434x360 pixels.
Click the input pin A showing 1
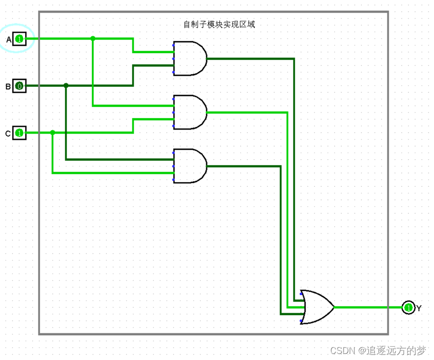(19, 39)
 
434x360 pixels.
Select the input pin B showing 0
(19, 86)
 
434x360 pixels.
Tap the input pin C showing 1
(19, 133)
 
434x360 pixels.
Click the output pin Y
(408, 307)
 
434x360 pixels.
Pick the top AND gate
(190, 58)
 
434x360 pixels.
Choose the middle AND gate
(190, 112)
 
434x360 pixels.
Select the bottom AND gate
(190, 166)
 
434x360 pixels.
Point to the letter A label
(9, 39)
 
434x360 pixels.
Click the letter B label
(8, 87)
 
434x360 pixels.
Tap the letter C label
(8, 134)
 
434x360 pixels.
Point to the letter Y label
(419, 308)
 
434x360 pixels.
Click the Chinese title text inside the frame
(220, 24)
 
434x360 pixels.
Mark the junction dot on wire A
(93, 38)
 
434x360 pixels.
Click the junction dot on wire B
(66, 86)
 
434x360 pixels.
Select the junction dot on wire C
(53, 133)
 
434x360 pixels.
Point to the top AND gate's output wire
(251, 58)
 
